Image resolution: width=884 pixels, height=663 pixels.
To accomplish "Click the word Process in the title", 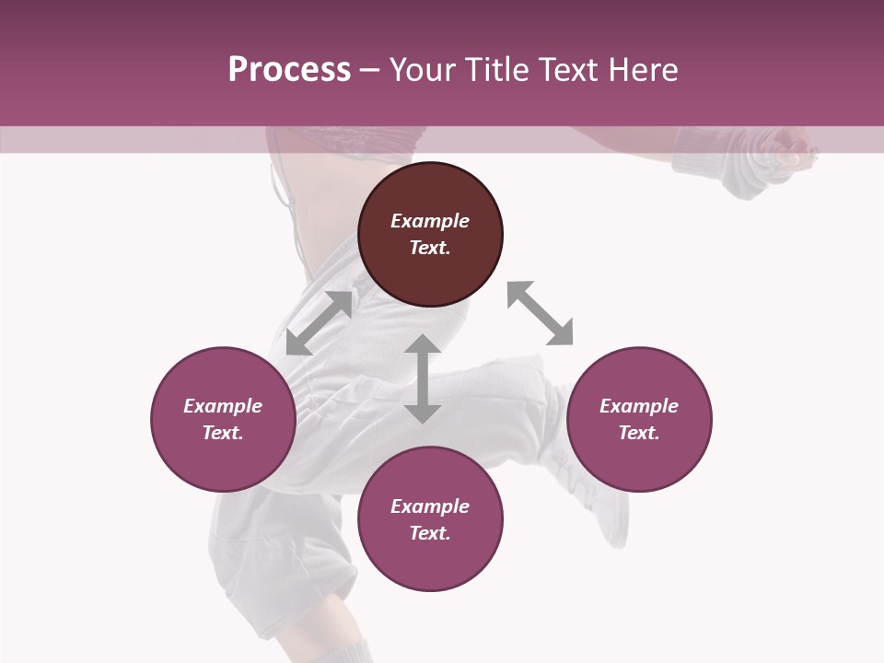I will coord(289,70).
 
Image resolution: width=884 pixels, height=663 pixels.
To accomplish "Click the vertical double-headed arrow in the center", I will coord(423,379).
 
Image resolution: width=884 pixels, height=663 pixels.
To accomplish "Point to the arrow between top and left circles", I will coord(319,323).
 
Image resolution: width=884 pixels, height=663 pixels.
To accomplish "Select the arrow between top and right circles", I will coord(540,313).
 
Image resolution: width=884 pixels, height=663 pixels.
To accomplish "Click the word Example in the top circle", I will coord(430,221).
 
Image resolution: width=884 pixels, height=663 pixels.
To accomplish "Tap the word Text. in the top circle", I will coord(430,248).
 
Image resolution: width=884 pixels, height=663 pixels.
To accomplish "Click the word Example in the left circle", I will coord(223,406).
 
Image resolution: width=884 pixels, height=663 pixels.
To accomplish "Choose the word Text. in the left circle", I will coord(223,433).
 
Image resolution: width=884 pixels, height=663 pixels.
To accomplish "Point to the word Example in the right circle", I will coord(639,406).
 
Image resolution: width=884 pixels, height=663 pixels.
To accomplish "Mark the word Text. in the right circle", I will coord(639,433).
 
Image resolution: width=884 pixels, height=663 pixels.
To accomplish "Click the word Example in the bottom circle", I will coord(430,506).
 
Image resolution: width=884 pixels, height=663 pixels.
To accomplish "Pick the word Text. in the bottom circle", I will coord(430,533).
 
